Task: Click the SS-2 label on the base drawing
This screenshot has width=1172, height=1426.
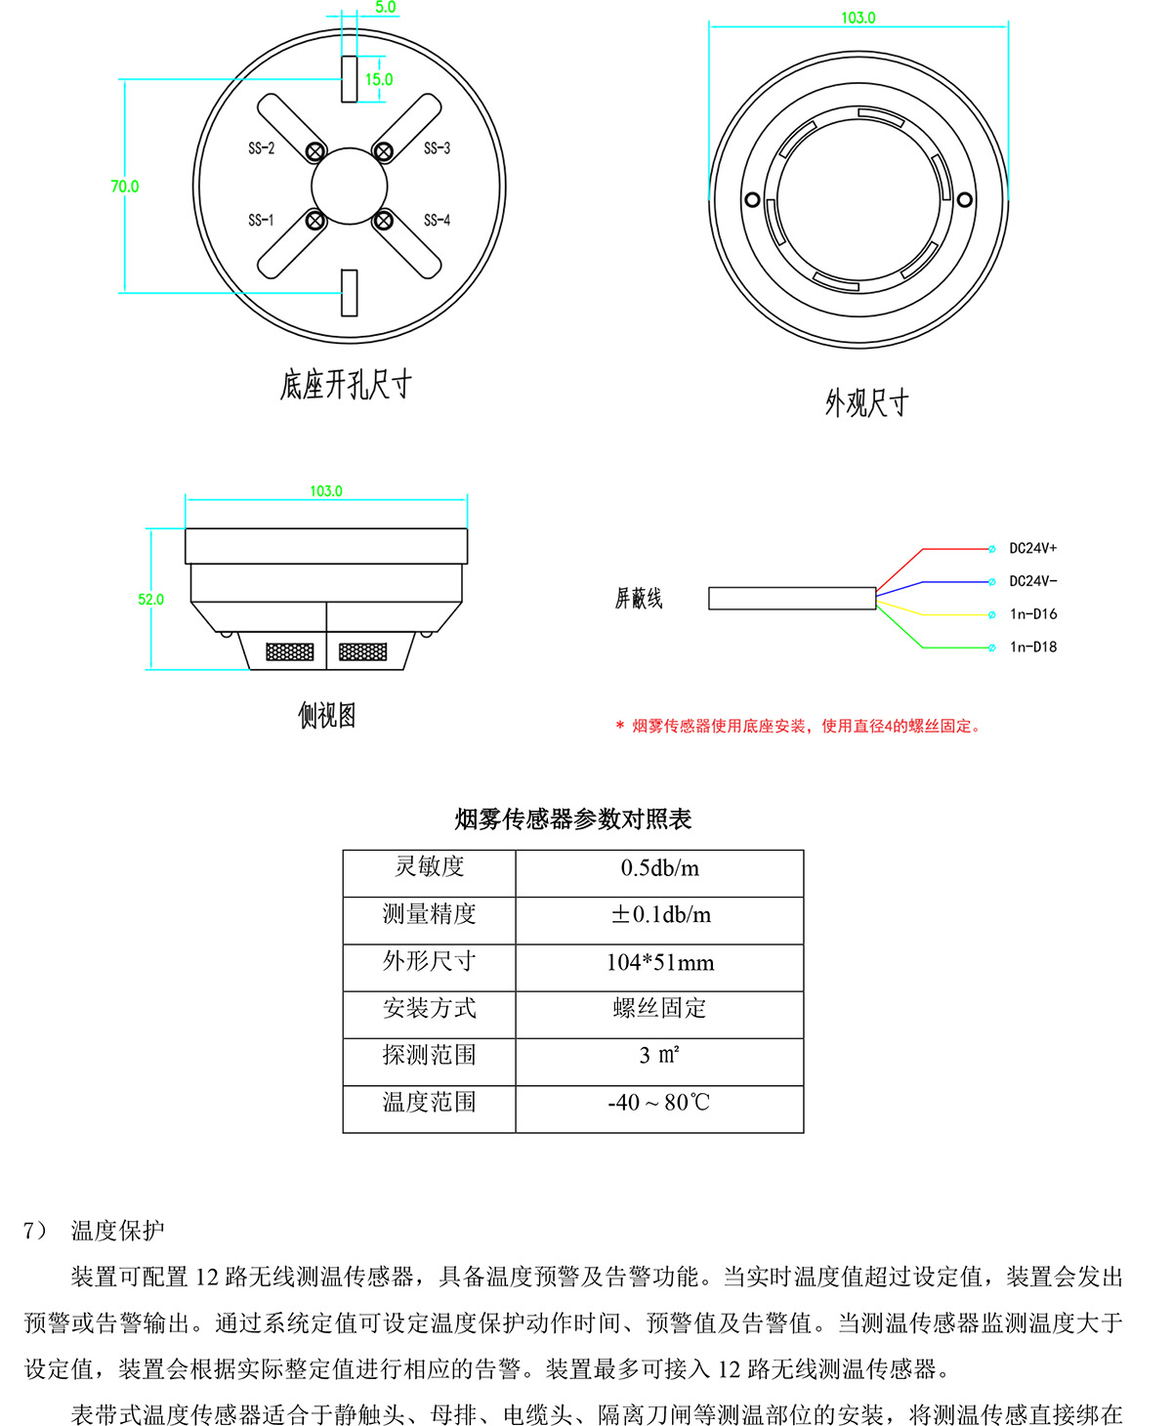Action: [261, 148]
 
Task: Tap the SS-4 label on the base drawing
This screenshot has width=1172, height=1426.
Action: [437, 221]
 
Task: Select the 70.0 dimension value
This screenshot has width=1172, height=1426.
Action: [125, 187]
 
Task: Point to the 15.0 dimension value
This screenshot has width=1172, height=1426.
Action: [379, 80]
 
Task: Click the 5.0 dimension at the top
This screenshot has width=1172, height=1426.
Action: [386, 8]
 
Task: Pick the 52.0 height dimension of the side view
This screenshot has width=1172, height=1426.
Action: [150, 600]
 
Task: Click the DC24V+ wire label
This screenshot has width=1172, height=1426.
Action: [1032, 549]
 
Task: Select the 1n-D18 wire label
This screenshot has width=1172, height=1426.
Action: [1032, 647]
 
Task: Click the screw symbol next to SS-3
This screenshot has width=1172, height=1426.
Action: [384, 151]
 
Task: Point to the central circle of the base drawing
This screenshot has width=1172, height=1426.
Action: [349, 186]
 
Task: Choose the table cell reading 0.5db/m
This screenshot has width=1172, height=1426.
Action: [659, 868]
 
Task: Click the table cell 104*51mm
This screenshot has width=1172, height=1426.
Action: [659, 963]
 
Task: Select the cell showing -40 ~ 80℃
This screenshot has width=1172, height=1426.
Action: [659, 1104]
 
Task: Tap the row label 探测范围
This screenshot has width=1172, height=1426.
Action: [429, 1055]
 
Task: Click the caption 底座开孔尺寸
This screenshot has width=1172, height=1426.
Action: [346, 385]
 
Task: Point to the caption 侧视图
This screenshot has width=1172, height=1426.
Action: [326, 716]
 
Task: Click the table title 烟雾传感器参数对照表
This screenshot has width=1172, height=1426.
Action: [573, 819]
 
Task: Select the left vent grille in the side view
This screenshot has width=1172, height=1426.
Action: [290, 651]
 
